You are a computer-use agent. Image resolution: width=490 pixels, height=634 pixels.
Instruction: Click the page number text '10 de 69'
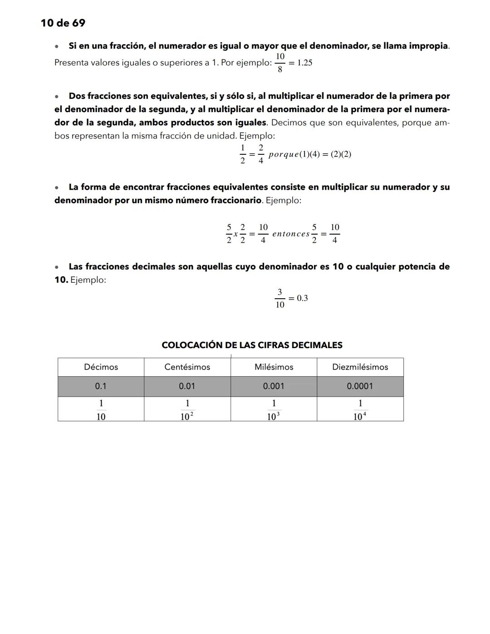coord(63,23)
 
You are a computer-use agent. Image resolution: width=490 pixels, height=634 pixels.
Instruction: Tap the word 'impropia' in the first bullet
coord(429,46)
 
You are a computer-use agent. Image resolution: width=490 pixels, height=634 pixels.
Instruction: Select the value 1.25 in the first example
coord(304,63)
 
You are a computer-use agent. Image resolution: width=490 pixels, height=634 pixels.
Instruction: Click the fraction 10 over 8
coord(280,63)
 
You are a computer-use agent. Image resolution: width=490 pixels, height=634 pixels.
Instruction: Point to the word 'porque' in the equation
coord(284,154)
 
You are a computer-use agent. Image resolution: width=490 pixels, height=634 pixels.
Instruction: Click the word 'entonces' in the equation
coord(291,234)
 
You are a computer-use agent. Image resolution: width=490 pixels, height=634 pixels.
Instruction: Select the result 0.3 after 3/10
coord(302,298)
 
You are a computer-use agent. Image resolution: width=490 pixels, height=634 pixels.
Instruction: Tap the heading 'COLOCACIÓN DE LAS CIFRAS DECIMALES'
coord(252,345)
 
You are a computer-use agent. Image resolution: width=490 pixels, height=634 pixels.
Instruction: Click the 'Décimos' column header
coord(101,367)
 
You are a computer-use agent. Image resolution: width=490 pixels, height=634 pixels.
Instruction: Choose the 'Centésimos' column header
coord(187,367)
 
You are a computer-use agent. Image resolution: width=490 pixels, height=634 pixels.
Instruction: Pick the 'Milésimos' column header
coord(274,367)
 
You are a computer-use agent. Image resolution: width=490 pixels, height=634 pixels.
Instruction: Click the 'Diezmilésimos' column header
coord(360,367)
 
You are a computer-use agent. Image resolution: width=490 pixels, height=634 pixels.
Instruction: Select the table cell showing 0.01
coord(187,386)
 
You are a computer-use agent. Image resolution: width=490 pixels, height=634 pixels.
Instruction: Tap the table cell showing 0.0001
coord(360,386)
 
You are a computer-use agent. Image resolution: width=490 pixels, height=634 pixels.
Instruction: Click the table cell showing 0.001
coord(274,386)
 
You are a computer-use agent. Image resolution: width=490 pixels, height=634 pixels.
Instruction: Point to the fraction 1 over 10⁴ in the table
coord(360,410)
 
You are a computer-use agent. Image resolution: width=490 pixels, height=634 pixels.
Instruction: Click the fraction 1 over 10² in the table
coord(187,410)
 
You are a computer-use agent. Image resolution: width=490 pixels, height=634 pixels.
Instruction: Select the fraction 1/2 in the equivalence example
coord(243,154)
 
